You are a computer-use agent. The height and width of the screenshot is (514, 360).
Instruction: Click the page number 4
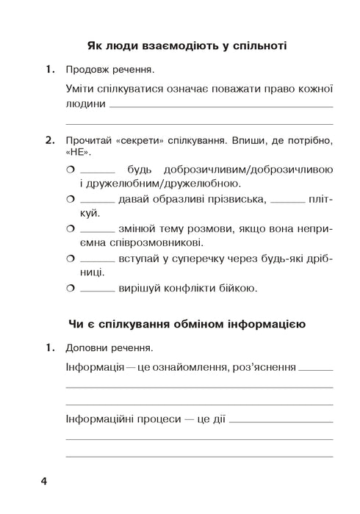pos(43,482)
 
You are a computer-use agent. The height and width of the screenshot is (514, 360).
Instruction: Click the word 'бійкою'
pos(237,289)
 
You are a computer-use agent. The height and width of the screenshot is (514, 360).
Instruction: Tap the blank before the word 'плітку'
pos(286,201)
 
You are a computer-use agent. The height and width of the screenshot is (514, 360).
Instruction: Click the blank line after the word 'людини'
pos(220,106)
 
